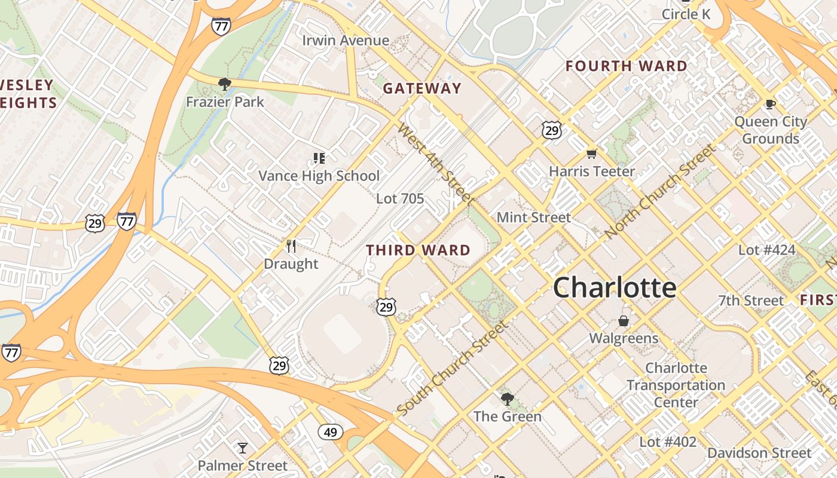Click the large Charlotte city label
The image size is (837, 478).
(615, 287)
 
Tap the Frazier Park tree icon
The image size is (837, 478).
(225, 84)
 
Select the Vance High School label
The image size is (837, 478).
(319, 176)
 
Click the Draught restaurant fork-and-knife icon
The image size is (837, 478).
(291, 246)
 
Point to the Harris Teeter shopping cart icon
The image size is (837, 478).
(592, 154)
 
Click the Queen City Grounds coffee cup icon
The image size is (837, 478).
(771, 105)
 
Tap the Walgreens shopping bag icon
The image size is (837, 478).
(624, 321)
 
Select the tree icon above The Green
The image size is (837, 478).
(507, 399)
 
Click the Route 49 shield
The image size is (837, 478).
(330, 431)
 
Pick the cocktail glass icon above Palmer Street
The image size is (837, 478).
(242, 448)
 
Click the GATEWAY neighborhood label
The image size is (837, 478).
(422, 88)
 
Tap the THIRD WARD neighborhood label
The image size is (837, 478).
(418, 250)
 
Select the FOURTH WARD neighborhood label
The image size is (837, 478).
(627, 66)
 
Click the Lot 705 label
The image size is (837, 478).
(400, 198)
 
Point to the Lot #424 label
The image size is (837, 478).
(766, 250)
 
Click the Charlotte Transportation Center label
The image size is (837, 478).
(676, 385)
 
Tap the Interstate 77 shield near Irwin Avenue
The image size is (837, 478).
(221, 26)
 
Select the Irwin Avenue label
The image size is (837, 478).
(346, 41)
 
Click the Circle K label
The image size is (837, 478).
(686, 14)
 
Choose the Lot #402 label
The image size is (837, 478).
(667, 442)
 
